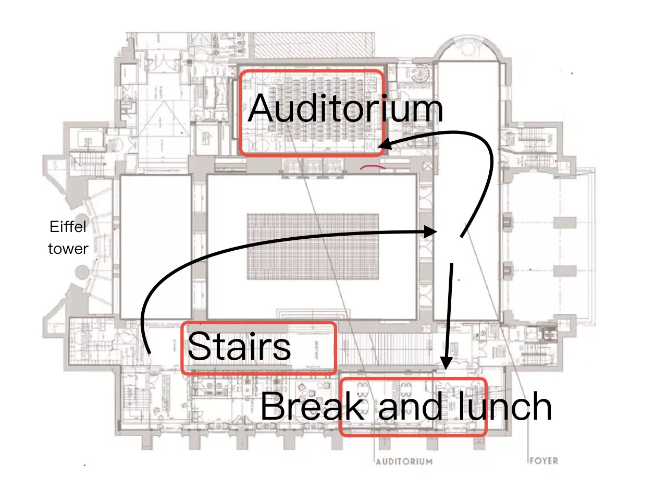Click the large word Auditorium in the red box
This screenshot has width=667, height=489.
pos(345,109)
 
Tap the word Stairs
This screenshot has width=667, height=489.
pos(239,347)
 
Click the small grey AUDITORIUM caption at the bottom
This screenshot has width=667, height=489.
pos(404,461)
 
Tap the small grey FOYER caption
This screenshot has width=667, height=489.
pos(544,461)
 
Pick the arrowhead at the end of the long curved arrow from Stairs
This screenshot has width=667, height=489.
pos(432,231)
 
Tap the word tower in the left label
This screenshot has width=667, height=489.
pos(68,249)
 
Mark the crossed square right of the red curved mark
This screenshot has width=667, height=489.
pos(428,166)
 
